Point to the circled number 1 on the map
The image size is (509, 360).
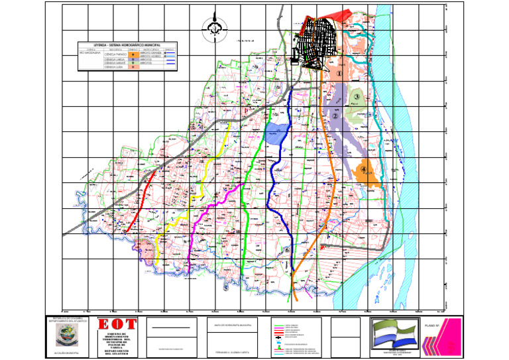[x=339, y=74]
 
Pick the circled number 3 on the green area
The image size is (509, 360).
[x=356, y=97]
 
